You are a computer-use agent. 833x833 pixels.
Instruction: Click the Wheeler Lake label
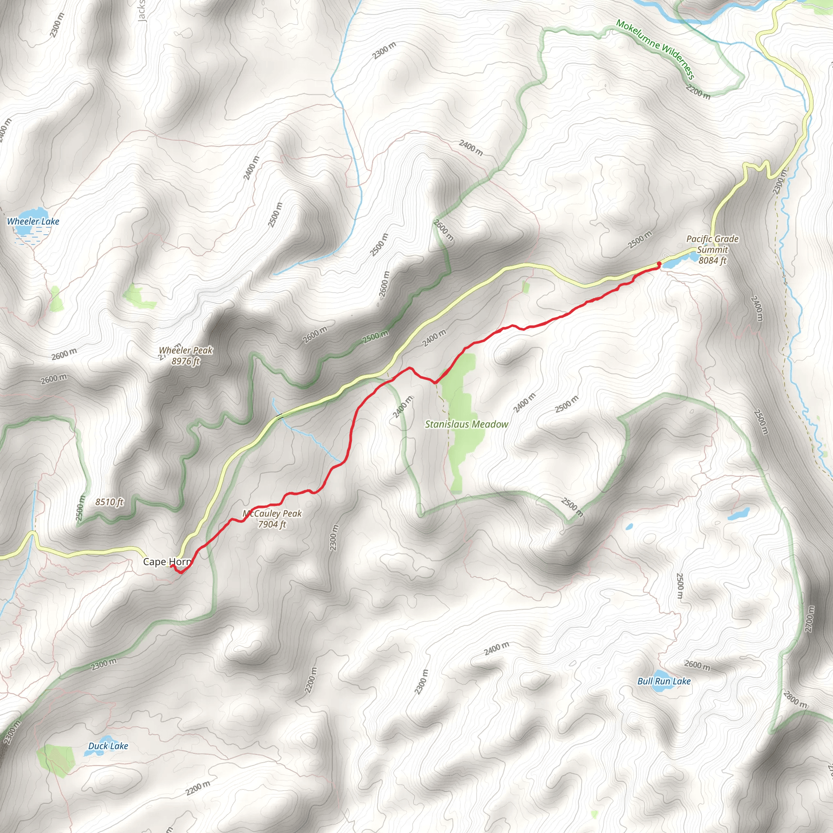(x=33, y=222)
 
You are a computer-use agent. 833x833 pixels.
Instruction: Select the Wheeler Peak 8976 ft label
(x=186, y=356)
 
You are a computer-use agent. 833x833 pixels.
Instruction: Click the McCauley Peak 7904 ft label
(x=272, y=519)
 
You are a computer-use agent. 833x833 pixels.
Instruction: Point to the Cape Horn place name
(x=166, y=562)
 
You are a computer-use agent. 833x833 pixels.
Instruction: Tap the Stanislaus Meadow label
(x=467, y=424)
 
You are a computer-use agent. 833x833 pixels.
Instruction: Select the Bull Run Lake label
(x=664, y=681)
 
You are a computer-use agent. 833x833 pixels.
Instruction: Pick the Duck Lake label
(x=108, y=746)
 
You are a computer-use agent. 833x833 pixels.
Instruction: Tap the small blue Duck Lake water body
(x=91, y=752)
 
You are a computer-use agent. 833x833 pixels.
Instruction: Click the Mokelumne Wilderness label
(x=655, y=49)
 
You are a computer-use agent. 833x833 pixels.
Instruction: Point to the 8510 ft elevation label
(x=109, y=502)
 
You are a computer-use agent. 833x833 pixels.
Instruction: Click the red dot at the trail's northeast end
(x=659, y=264)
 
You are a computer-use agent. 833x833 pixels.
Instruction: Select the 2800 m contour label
(x=795, y=699)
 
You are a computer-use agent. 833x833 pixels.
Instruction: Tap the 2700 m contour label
(x=809, y=619)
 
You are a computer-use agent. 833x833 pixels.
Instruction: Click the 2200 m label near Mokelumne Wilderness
(x=698, y=92)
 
